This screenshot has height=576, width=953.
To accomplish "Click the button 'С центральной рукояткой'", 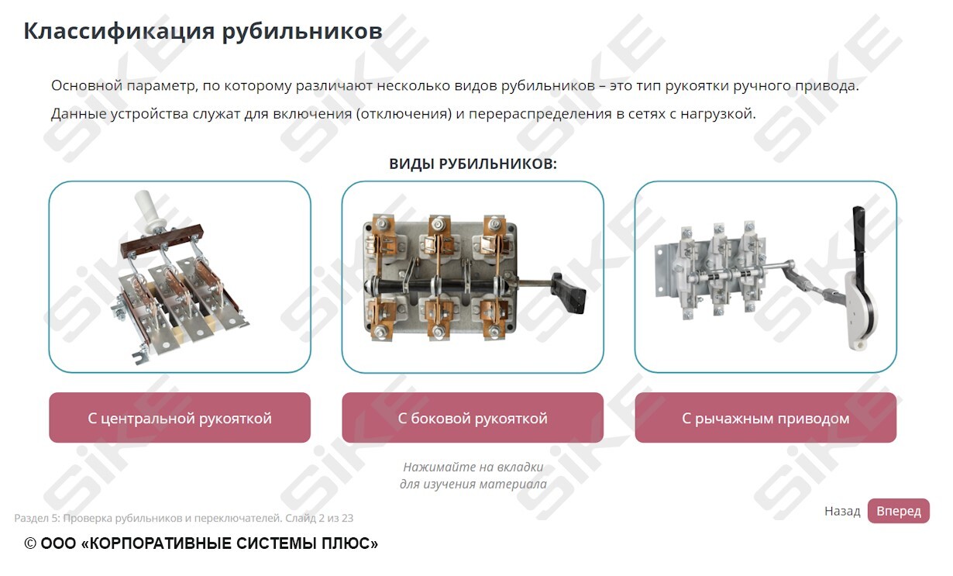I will click(179, 418).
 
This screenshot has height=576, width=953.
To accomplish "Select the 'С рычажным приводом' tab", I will click(765, 418).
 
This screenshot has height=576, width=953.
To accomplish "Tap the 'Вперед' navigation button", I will click(898, 511).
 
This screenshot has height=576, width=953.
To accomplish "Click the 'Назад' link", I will click(842, 511).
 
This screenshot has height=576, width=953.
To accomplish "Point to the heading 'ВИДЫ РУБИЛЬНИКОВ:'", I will click(473, 164).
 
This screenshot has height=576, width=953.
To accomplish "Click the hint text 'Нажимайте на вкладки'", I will click(473, 467).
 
